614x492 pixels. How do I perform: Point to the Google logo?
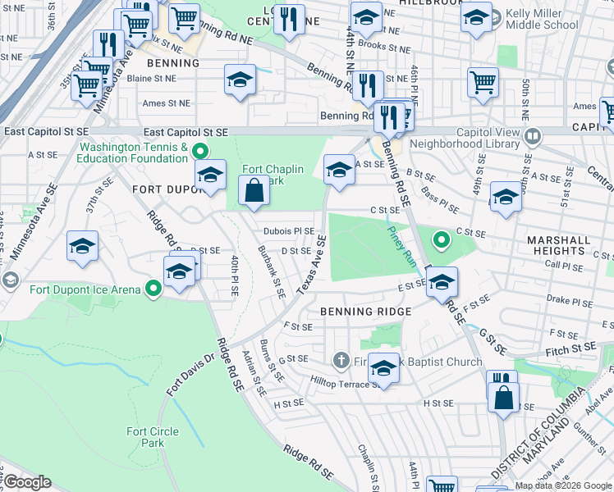(28, 482)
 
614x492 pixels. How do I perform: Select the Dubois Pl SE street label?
(288, 231)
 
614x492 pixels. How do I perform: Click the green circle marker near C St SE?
(441, 239)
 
